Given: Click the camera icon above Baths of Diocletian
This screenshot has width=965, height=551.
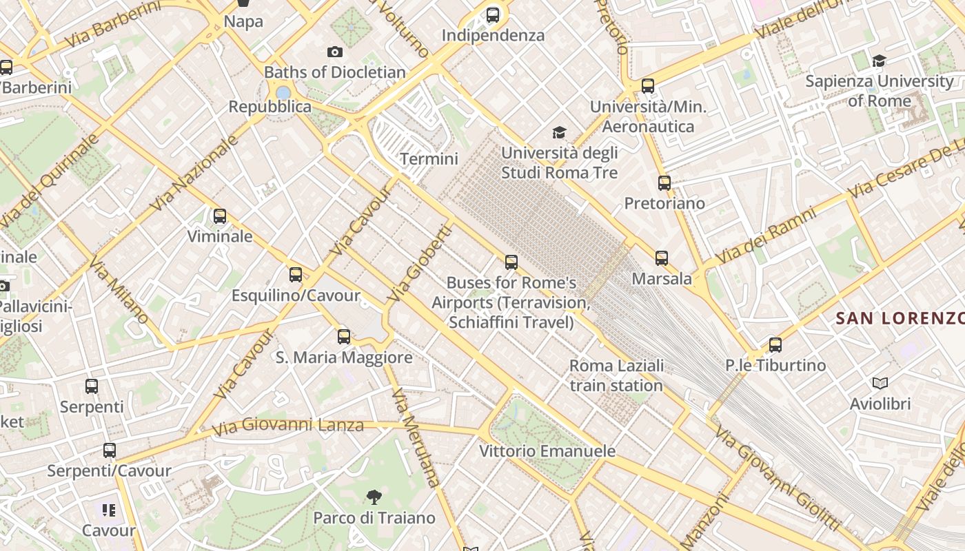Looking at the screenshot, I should [x=335, y=52].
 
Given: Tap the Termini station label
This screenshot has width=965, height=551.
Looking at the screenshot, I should [x=429, y=159].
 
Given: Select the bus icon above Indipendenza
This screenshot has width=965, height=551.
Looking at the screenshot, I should [x=493, y=15].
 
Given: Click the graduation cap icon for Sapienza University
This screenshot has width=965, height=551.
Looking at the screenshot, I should [x=879, y=61].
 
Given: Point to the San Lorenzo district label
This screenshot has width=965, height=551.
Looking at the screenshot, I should [x=899, y=318].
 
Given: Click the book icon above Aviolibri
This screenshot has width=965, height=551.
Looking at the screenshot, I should [x=880, y=383].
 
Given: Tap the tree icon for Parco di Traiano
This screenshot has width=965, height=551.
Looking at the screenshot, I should [x=374, y=497].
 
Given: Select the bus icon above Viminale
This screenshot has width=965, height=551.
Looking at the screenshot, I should [x=220, y=216].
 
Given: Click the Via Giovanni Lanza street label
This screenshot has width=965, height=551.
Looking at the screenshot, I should [x=287, y=426].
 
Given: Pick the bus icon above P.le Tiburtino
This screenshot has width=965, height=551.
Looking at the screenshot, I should [x=775, y=345].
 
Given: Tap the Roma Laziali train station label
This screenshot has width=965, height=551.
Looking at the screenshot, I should [x=616, y=375].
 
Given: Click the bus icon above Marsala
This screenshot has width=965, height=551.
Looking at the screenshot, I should [x=662, y=258].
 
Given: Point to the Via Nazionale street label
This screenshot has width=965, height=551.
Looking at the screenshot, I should [x=194, y=173].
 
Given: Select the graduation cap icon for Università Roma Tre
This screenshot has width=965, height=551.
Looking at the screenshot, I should [x=559, y=132].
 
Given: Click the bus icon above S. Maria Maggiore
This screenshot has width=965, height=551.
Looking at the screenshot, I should [x=344, y=337].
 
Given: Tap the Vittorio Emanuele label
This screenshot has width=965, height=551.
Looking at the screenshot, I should [x=547, y=451].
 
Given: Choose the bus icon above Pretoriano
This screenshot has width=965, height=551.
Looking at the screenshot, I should [x=664, y=183].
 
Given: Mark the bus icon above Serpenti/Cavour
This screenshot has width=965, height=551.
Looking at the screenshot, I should [x=110, y=450].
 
